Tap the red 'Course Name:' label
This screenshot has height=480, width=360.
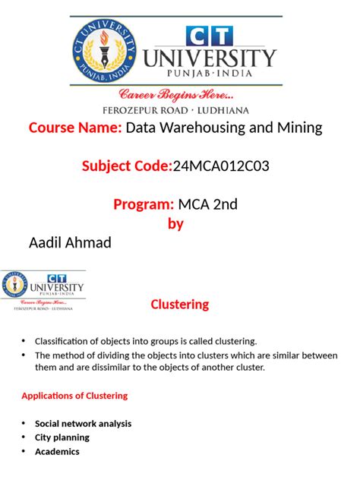pos(75,128)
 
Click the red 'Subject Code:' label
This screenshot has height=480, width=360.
pos(127,166)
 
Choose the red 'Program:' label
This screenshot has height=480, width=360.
pos(144,204)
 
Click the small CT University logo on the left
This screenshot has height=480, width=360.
pos(44,291)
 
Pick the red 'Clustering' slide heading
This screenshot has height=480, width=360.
pos(180,305)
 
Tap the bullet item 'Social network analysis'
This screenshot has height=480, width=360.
pos(83,423)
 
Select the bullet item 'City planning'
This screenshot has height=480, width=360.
pos(62,437)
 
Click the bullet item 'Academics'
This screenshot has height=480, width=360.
pos(57,451)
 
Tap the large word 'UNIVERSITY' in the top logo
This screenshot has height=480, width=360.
pos(221,58)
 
